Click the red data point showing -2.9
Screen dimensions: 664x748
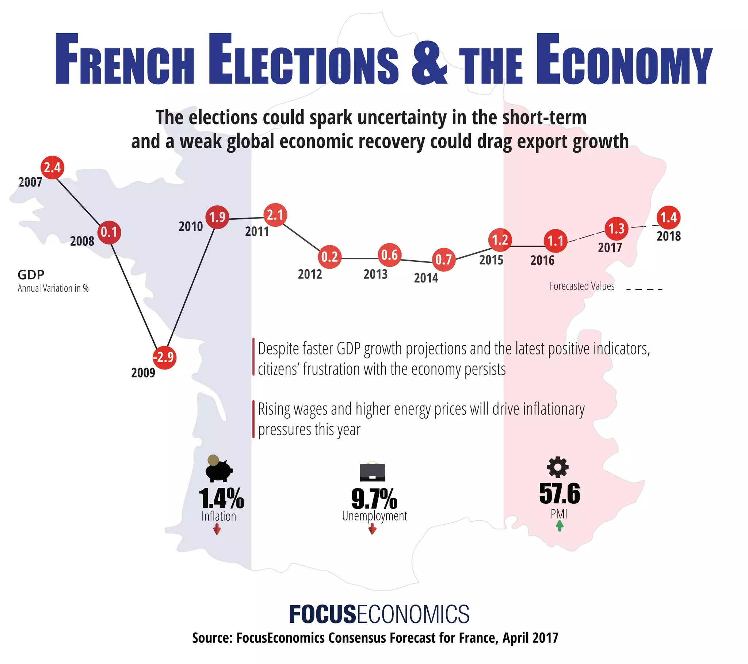click(164, 357)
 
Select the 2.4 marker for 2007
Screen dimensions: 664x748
click(52, 168)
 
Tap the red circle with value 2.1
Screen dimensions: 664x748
click(275, 215)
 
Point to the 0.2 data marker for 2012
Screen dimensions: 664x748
click(329, 257)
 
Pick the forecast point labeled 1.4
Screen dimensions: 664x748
click(669, 218)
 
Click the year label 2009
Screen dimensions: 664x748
click(143, 373)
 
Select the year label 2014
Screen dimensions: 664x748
click(426, 278)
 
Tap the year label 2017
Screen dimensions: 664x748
click(610, 247)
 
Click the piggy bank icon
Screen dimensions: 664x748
click(218, 469)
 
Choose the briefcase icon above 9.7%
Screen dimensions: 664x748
click(373, 472)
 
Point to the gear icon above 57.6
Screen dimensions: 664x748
click(558, 467)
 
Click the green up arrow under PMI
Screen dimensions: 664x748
click(560, 526)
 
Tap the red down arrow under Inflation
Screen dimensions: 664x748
click(217, 529)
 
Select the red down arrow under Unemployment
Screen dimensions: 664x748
click(373, 529)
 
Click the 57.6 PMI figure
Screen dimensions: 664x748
click(560, 494)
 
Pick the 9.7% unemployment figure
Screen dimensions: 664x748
click(374, 499)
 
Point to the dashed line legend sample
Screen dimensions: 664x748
click(644, 289)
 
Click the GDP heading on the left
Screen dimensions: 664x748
click(31, 275)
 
